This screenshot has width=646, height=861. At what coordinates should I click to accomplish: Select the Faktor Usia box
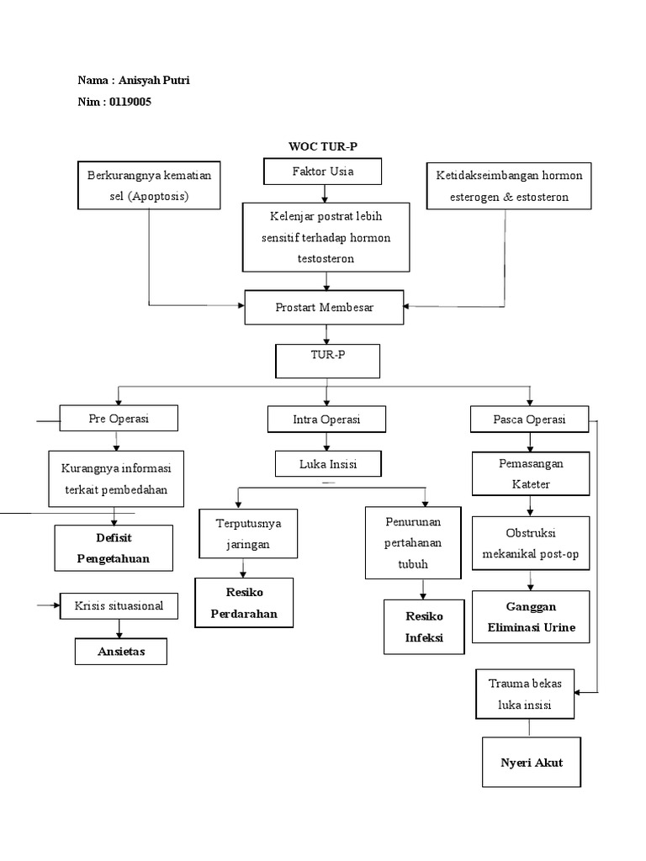322,172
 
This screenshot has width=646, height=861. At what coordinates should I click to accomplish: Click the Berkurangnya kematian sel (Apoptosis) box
149,185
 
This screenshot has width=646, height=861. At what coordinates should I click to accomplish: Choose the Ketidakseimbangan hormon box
509,185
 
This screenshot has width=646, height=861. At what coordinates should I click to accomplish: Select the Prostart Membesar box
325,308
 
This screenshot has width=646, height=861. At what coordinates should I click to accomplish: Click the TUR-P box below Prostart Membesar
327,361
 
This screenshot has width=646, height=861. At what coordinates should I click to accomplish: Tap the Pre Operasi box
119,418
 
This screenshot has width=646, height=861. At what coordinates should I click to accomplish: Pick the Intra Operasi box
326,419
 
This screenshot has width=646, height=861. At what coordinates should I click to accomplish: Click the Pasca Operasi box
529,419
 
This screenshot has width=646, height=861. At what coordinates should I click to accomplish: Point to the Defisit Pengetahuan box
114,547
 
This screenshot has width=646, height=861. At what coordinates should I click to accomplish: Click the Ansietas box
120,652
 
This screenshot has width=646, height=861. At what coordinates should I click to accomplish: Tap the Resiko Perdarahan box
244,602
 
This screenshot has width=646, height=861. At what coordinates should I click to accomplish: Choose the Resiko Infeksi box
423,626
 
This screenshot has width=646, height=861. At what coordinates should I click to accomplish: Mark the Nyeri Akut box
531,763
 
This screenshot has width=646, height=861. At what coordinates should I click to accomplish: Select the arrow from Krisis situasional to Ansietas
118,629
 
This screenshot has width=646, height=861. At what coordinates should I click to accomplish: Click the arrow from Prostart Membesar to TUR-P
326,334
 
